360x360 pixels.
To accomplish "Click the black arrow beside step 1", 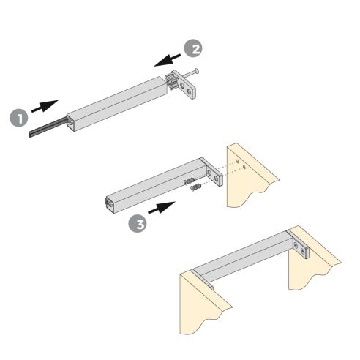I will (x=45, y=105).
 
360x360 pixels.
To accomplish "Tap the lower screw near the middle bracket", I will (x=196, y=189).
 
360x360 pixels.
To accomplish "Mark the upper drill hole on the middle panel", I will (x=236, y=161).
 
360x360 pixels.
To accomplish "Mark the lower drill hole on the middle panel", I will (x=244, y=169).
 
